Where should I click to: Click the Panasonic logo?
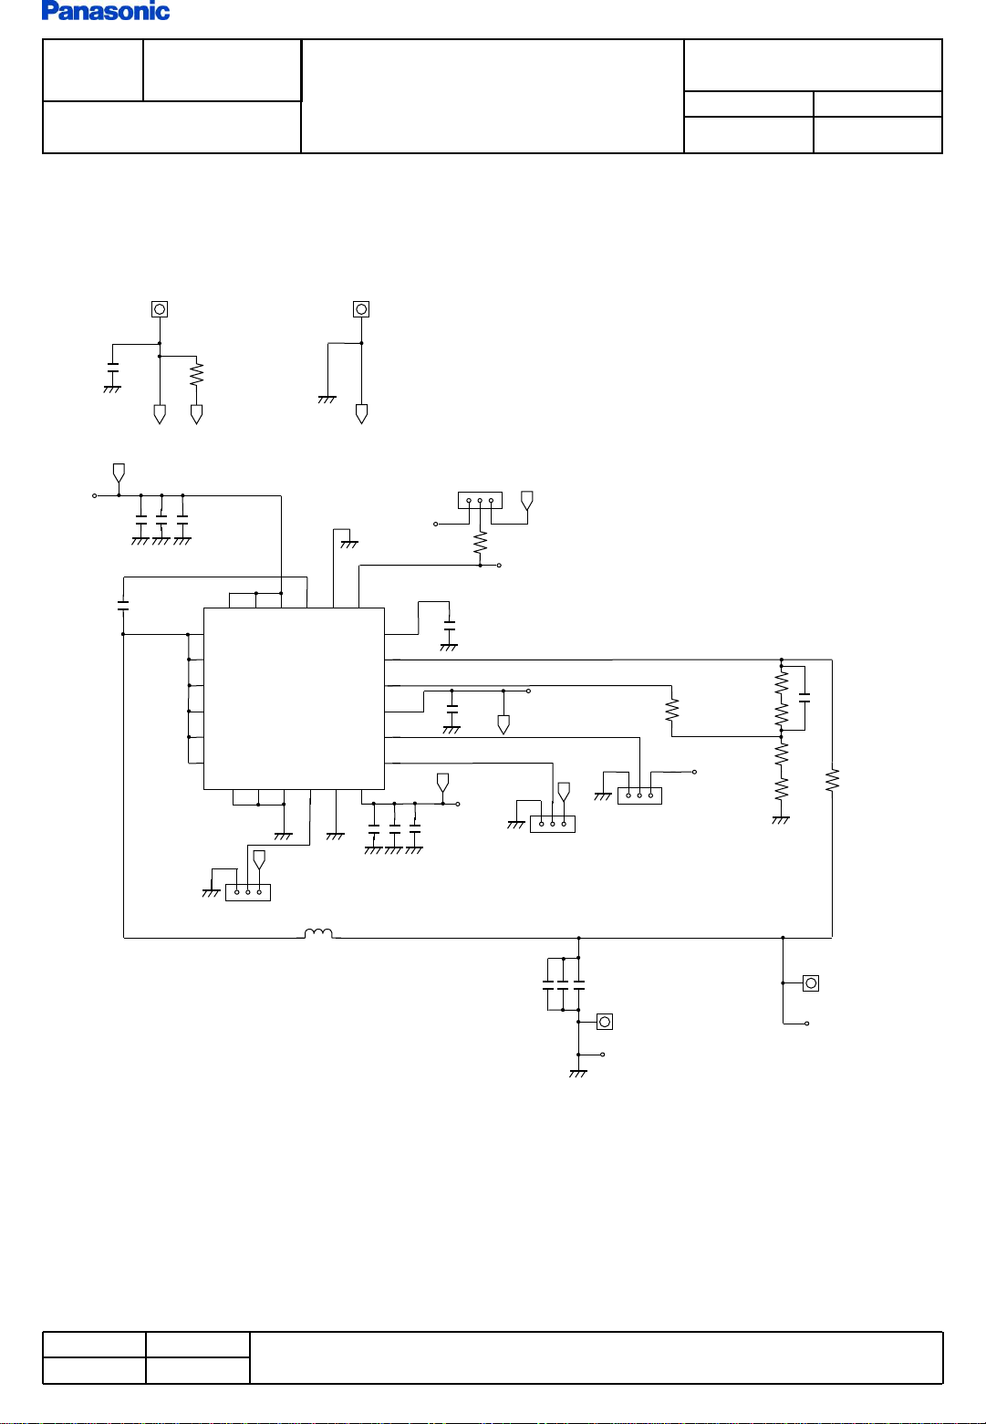tap(106, 11)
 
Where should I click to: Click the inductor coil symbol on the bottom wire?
tap(318, 933)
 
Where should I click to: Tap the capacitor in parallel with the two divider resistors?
tap(804, 698)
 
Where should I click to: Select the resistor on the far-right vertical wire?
tap(832, 780)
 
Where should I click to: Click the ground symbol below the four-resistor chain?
tap(781, 820)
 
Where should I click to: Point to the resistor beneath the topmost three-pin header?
tap(480, 544)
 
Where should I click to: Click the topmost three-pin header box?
tap(480, 500)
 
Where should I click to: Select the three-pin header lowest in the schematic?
tap(248, 892)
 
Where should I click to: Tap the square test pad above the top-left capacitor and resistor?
tap(160, 309)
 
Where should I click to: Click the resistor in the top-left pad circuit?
tap(196, 374)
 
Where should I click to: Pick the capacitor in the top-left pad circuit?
tap(112, 367)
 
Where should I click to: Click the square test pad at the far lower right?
tap(811, 983)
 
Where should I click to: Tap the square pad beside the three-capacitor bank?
tap(605, 1022)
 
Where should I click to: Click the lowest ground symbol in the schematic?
tap(578, 1074)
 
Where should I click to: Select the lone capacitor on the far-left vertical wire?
tap(123, 605)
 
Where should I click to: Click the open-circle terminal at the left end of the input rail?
tap(95, 495)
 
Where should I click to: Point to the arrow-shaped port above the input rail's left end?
tap(119, 473)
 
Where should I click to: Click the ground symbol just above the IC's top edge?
tap(349, 545)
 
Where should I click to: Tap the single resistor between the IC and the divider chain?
tap(672, 710)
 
